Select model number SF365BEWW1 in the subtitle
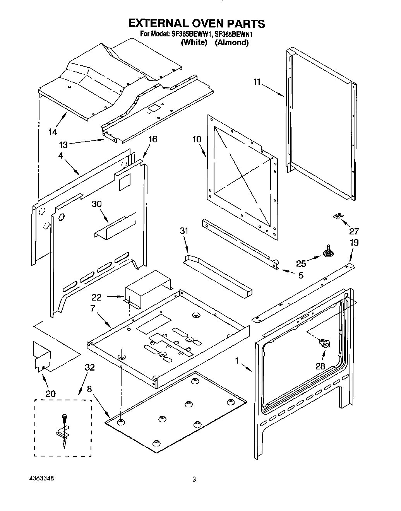click(x=187, y=34)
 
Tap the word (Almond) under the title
click(x=231, y=43)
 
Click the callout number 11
click(x=257, y=82)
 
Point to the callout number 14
click(x=53, y=132)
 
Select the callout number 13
click(x=63, y=145)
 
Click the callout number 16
click(x=153, y=139)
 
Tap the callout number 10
click(x=197, y=139)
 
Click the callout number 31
click(x=184, y=231)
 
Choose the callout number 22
click(x=96, y=297)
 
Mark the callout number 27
click(x=354, y=231)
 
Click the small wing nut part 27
click(x=337, y=217)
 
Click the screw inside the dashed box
click(x=64, y=419)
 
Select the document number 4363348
click(x=41, y=478)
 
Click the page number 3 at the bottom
click(x=194, y=480)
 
